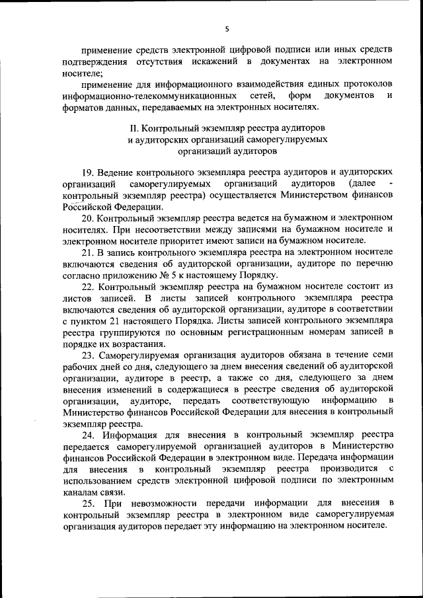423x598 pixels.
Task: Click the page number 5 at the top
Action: point(226,28)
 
